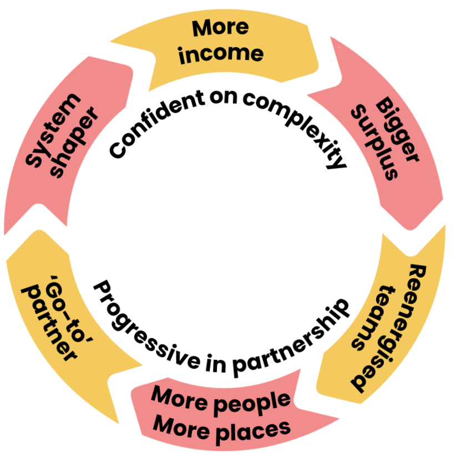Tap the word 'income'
221,53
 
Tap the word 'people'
255,401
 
